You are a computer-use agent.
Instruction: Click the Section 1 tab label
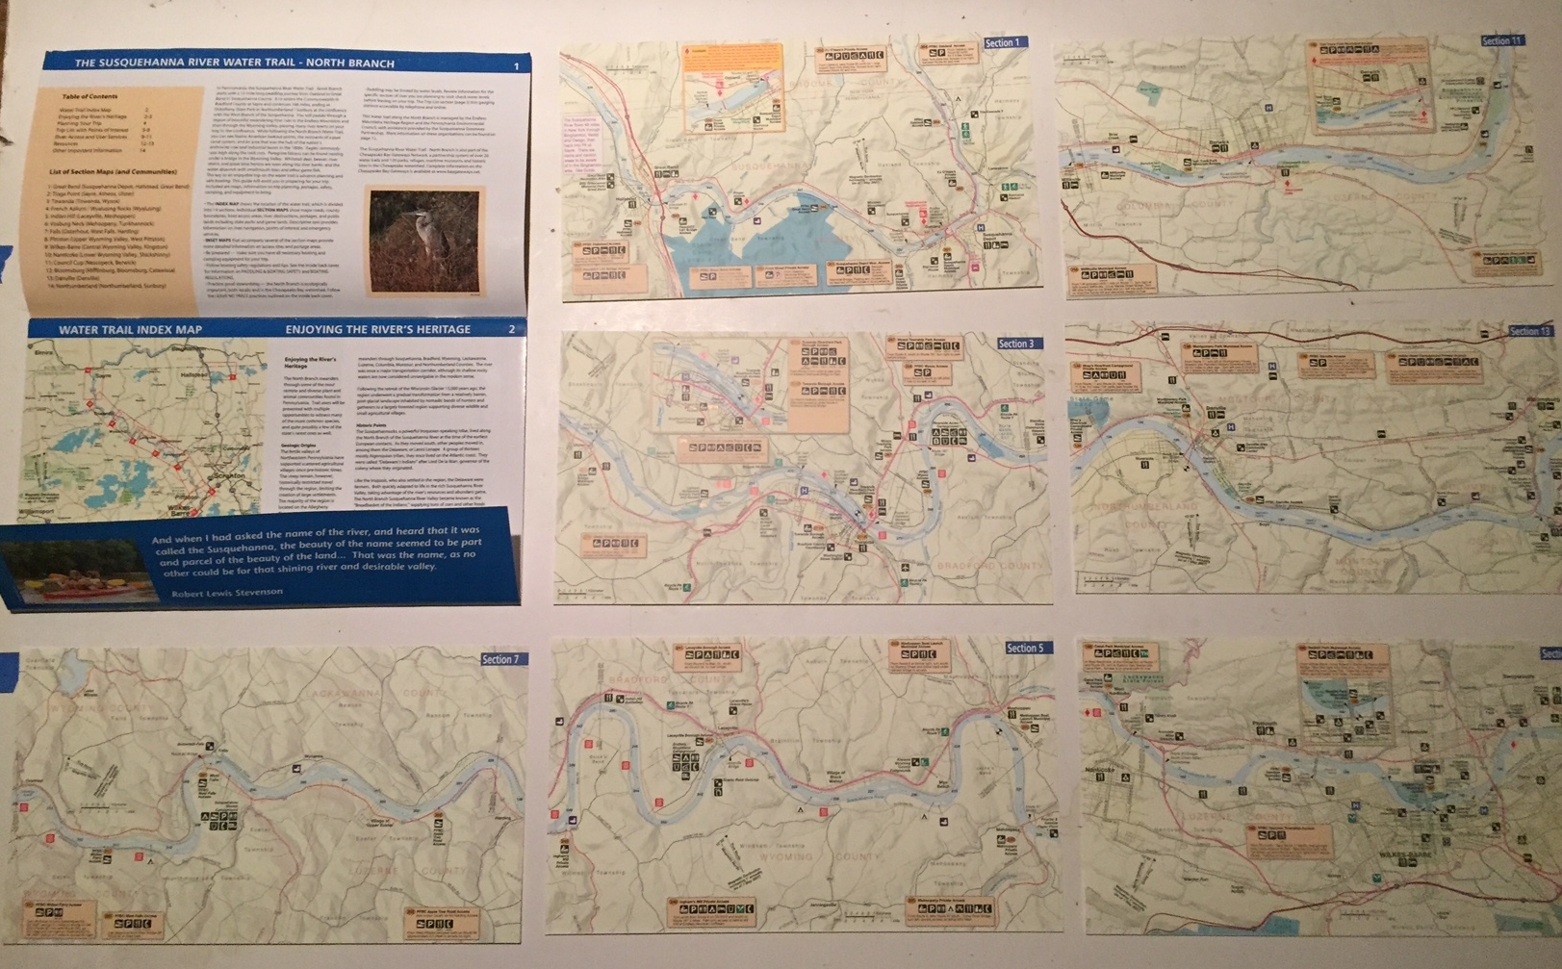pos(1001,43)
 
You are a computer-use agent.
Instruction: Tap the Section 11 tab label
pos(1501,41)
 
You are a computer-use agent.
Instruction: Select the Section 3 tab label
pos(1015,344)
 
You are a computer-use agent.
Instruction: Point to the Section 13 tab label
pos(1529,331)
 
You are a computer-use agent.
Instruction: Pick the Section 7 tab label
pos(500,659)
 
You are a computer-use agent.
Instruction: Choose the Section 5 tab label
pos(1024,648)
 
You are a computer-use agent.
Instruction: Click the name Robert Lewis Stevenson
pos(227,593)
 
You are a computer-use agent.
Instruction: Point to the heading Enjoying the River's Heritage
pos(377,329)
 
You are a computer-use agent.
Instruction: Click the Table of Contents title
pos(89,97)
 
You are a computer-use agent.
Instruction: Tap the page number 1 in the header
pos(517,65)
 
